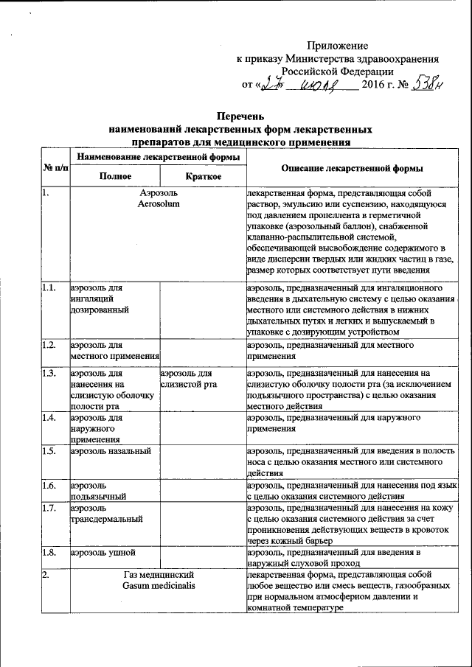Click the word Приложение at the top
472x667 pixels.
(x=341, y=46)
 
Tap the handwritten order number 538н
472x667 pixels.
(x=428, y=84)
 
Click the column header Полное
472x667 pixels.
(x=115, y=176)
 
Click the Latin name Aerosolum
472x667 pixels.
(x=158, y=203)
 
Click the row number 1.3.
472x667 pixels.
(x=49, y=373)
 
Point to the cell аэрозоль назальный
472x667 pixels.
(x=111, y=450)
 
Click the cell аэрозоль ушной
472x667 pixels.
(x=103, y=552)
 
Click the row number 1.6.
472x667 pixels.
(x=49, y=486)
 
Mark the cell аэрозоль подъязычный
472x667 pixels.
(x=100, y=492)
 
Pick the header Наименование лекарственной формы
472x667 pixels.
(x=158, y=157)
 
